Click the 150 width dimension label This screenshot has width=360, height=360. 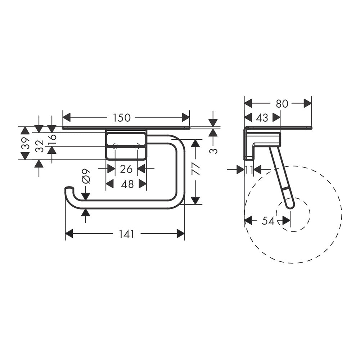pyautogui.click(x=122, y=118)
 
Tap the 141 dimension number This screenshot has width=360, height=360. pyautogui.click(x=126, y=234)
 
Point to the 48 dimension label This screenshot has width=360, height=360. pyautogui.click(x=127, y=184)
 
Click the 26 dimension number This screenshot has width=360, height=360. pyautogui.click(x=126, y=169)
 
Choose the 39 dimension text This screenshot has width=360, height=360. pyautogui.click(x=25, y=143)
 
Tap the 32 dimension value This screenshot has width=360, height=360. pyautogui.click(x=40, y=146)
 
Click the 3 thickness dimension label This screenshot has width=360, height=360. pyautogui.click(x=214, y=151)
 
